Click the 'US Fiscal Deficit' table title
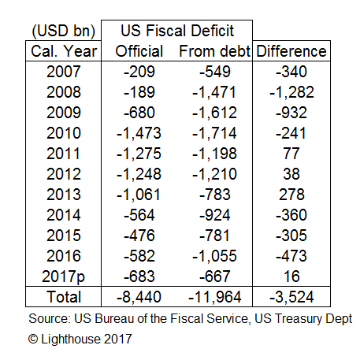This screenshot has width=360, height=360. point(177,31)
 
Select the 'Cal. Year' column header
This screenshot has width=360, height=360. point(64,51)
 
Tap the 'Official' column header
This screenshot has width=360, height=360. point(139,51)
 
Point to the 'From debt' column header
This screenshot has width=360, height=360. point(214,51)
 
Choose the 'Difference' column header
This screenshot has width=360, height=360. point(291,51)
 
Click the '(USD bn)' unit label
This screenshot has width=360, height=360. point(64,31)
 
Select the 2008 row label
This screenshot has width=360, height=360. point(64,92)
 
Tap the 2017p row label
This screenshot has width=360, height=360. point(63,277)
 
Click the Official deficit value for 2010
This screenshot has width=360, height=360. point(139,133)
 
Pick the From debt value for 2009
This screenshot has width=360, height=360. point(214,113)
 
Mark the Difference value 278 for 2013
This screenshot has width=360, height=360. point(291,195)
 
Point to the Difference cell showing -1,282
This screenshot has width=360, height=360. point(291,92)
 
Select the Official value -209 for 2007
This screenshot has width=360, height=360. point(139,72)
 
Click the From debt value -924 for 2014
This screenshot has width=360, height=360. point(215,215)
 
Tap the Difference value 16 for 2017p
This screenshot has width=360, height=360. point(291,276)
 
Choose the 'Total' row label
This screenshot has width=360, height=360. point(64,297)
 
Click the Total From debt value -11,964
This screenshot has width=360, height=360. point(214,297)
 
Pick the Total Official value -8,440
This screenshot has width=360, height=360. point(139,297)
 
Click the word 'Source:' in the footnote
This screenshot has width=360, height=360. point(50,318)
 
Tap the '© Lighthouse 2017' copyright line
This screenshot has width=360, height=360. point(80,339)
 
